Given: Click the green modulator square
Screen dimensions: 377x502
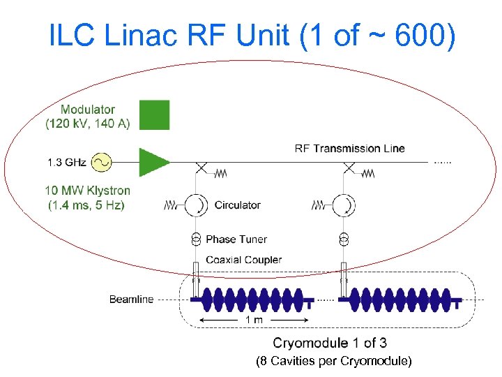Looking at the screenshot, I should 154,115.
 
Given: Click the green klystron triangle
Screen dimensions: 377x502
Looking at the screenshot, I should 152,163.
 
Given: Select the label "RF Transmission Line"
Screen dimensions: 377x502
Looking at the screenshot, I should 349,148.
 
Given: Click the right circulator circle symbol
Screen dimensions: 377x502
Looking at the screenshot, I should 342,205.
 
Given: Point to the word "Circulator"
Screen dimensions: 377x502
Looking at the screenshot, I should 237,205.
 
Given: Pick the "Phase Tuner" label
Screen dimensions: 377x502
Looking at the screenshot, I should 236,239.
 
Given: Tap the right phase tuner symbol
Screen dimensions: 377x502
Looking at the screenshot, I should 342,239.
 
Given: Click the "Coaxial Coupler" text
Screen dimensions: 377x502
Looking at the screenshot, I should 243,260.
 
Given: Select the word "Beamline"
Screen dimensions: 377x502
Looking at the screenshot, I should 131,300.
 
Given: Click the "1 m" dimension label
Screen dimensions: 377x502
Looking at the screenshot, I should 254,320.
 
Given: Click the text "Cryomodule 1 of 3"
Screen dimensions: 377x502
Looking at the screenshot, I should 330,343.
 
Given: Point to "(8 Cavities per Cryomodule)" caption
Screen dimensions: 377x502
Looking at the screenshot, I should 334,361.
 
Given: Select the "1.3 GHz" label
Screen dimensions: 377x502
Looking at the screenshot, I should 67,163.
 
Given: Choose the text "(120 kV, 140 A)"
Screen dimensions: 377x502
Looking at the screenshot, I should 88,124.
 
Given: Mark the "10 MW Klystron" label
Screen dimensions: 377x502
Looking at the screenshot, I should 88,190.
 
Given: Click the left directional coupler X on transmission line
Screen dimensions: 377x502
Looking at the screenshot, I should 201,168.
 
